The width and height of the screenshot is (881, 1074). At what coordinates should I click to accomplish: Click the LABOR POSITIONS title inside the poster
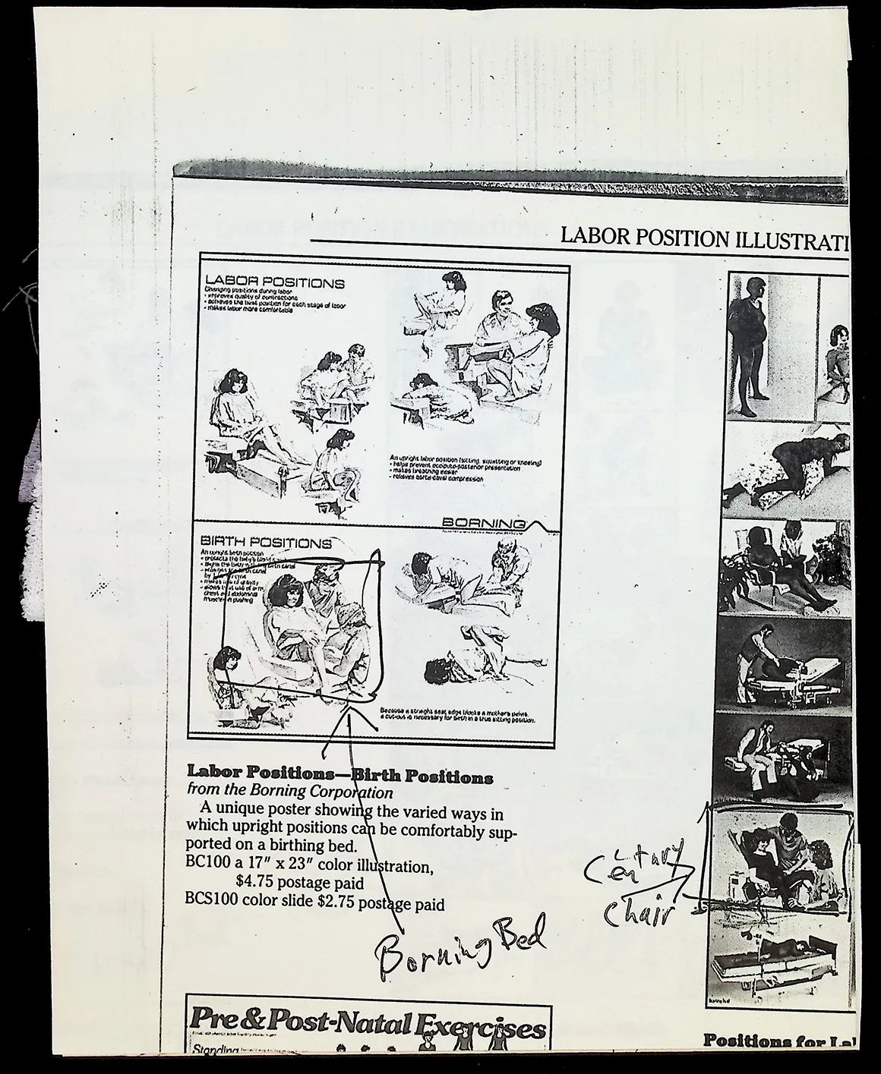pos(275,283)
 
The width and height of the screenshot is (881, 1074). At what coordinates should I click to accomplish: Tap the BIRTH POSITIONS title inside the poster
pos(266,543)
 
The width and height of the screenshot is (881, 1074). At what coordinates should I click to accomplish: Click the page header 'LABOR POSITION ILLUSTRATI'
pos(704,237)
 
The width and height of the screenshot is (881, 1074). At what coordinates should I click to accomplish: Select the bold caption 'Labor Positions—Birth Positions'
pos(339,777)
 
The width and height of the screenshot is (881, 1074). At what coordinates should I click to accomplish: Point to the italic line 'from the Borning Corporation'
pos(289,792)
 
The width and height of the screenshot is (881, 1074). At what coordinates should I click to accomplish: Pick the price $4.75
pos(254,883)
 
